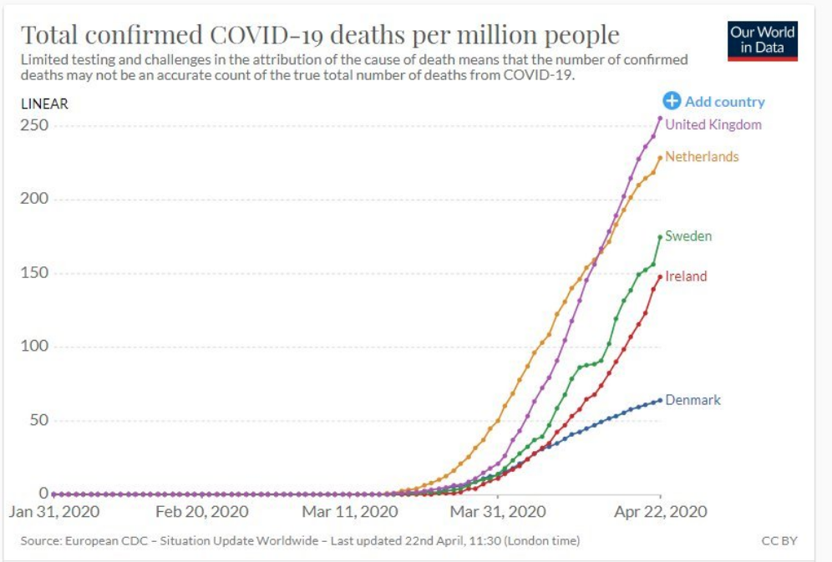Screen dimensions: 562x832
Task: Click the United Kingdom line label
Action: [713, 125]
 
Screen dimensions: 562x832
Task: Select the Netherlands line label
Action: [702, 157]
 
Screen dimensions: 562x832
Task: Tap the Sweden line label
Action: [688, 236]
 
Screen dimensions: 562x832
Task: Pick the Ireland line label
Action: [686, 276]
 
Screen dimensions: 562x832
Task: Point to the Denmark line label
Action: [692, 400]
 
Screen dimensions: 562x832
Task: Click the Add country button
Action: [714, 102]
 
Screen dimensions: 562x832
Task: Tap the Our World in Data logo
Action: [763, 40]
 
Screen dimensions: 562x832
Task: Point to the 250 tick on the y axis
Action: [38, 125]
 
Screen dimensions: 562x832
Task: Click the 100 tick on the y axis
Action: [38, 347]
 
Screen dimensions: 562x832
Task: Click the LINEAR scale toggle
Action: [44, 104]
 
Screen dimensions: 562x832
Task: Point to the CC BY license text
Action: [779, 541]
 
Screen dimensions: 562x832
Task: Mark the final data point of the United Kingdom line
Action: [660, 118]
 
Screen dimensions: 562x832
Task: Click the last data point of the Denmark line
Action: [660, 400]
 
